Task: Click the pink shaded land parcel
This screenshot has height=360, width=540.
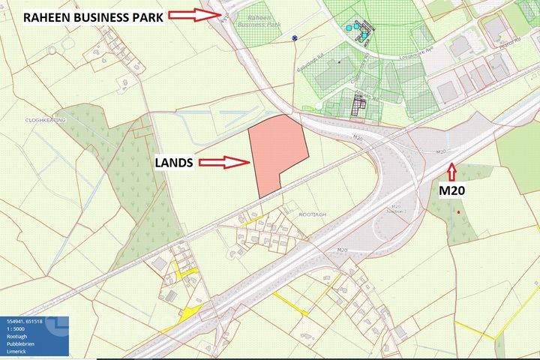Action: pyautogui.click(x=276, y=154)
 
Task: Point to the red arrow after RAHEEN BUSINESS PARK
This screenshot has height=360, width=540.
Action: pyautogui.click(x=193, y=14)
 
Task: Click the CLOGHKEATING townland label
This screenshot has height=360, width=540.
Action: pyautogui.click(x=44, y=120)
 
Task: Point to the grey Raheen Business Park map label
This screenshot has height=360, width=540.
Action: pyautogui.click(x=253, y=18)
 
